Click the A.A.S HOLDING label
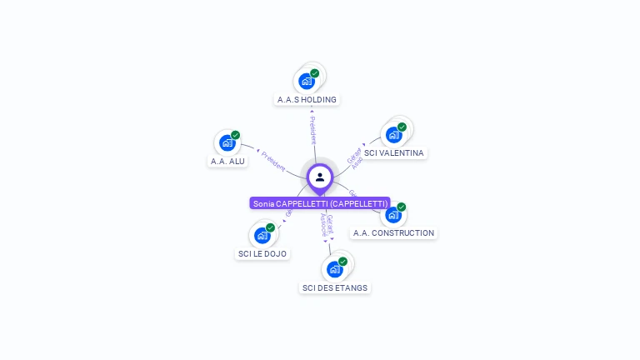(307, 99)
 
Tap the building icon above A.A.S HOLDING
(307, 82)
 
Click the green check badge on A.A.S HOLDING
(315, 73)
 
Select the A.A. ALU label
(227, 161)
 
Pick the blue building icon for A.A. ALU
(227, 143)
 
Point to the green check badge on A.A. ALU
(236, 135)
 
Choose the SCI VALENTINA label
(394, 153)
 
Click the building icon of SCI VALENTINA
(393, 135)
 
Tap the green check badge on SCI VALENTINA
(402, 127)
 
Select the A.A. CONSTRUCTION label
(393, 233)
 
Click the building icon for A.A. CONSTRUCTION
(392, 215)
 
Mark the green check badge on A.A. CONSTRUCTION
(401, 207)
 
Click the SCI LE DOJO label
(262, 253)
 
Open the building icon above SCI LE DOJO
(262, 236)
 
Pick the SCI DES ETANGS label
(334, 287)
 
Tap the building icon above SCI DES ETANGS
(334, 269)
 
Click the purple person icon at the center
(320, 177)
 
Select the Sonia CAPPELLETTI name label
(320, 203)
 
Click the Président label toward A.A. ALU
(273, 160)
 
